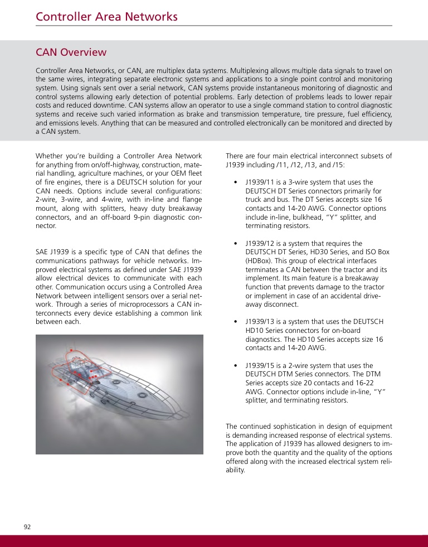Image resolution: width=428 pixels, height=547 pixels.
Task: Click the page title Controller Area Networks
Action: point(106,17)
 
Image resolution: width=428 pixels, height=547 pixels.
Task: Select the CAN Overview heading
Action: point(71,52)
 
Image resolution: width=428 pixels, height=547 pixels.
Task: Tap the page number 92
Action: point(27,527)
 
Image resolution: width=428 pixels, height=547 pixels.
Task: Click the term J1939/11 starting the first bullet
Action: point(261,182)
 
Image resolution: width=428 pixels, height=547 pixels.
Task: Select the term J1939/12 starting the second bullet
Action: point(261,244)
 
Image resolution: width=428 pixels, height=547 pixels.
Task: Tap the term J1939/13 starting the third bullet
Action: point(261,322)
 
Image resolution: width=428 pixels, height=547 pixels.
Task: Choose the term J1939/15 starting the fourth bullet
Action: point(261,365)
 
